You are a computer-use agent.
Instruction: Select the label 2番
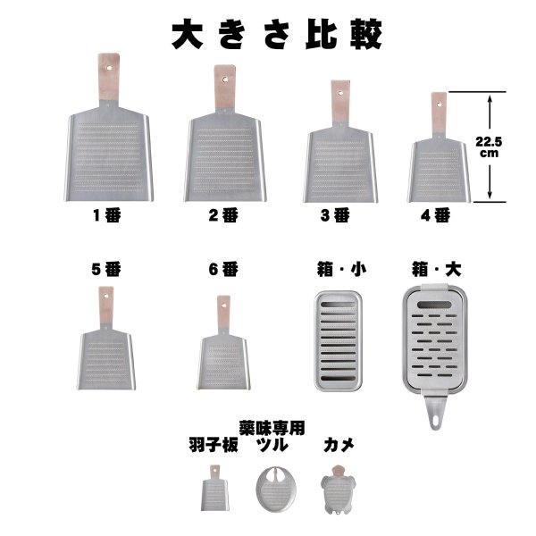223,214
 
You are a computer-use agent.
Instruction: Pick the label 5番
106,267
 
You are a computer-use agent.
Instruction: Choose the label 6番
223,267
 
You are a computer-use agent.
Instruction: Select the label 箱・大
435,267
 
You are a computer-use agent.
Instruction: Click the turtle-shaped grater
338,490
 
